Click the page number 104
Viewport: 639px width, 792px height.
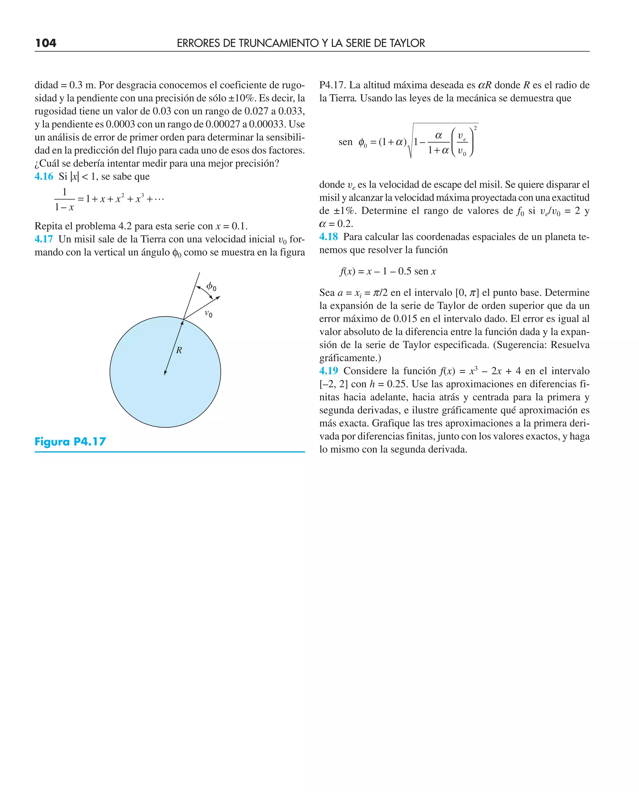(x=46, y=43)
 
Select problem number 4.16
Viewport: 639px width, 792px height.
(x=44, y=176)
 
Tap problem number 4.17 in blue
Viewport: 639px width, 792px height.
(x=44, y=239)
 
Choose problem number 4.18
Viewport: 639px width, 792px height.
(x=328, y=236)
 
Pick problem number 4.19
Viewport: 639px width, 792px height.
(x=328, y=371)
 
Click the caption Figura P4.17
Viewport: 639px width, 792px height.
(x=70, y=441)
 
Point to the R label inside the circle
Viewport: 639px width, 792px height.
(x=179, y=350)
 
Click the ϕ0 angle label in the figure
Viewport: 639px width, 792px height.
(x=211, y=286)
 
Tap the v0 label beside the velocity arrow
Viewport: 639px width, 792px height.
(x=208, y=314)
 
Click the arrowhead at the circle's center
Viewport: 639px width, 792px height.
(x=165, y=373)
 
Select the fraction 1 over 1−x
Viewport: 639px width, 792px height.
(x=64, y=199)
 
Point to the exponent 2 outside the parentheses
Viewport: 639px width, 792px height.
(x=475, y=128)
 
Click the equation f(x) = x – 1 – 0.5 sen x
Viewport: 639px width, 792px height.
(x=388, y=271)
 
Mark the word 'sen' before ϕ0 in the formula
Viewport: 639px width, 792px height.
(x=345, y=142)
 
